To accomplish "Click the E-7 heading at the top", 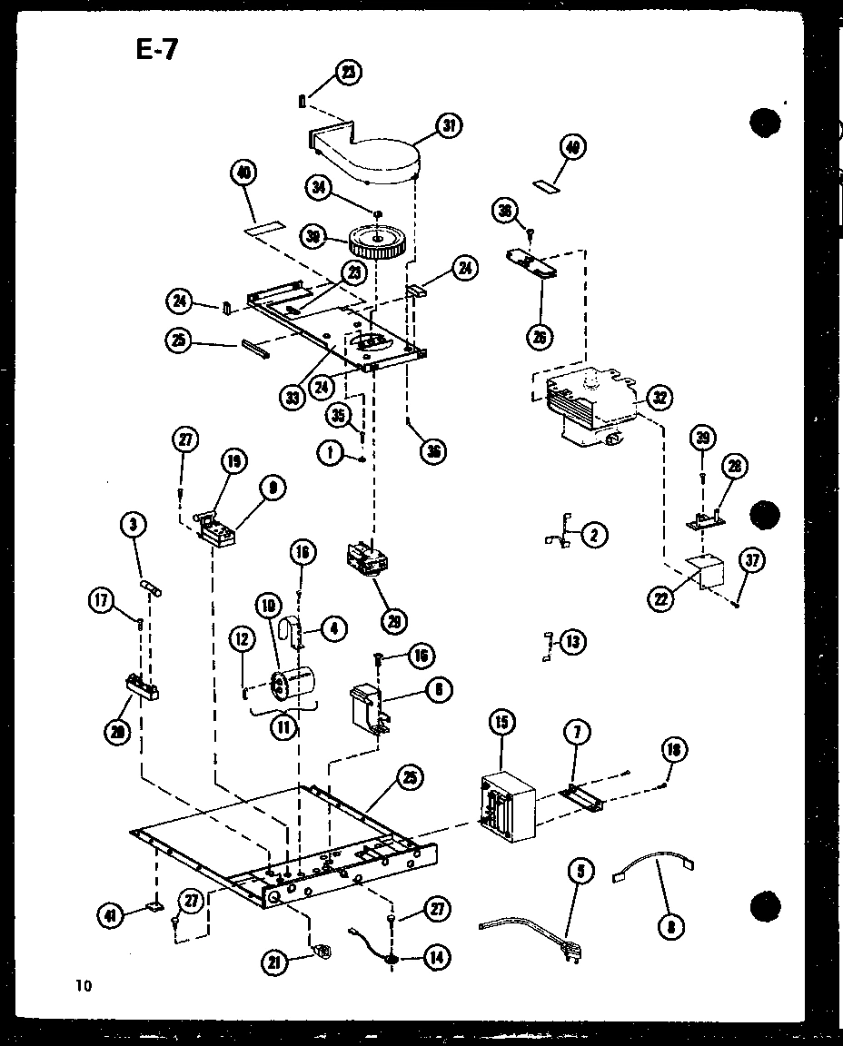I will pyautogui.click(x=157, y=49).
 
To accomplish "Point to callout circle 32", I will pyautogui.click(x=659, y=398).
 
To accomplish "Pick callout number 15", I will pyautogui.click(x=501, y=724).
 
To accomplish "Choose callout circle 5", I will pyautogui.click(x=580, y=873).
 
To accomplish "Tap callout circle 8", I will pyautogui.click(x=673, y=925).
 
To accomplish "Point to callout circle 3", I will pyautogui.click(x=134, y=524).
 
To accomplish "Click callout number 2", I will pyautogui.click(x=593, y=535).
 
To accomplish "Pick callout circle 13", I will pyautogui.click(x=571, y=642).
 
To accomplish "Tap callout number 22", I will pyautogui.click(x=660, y=599).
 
